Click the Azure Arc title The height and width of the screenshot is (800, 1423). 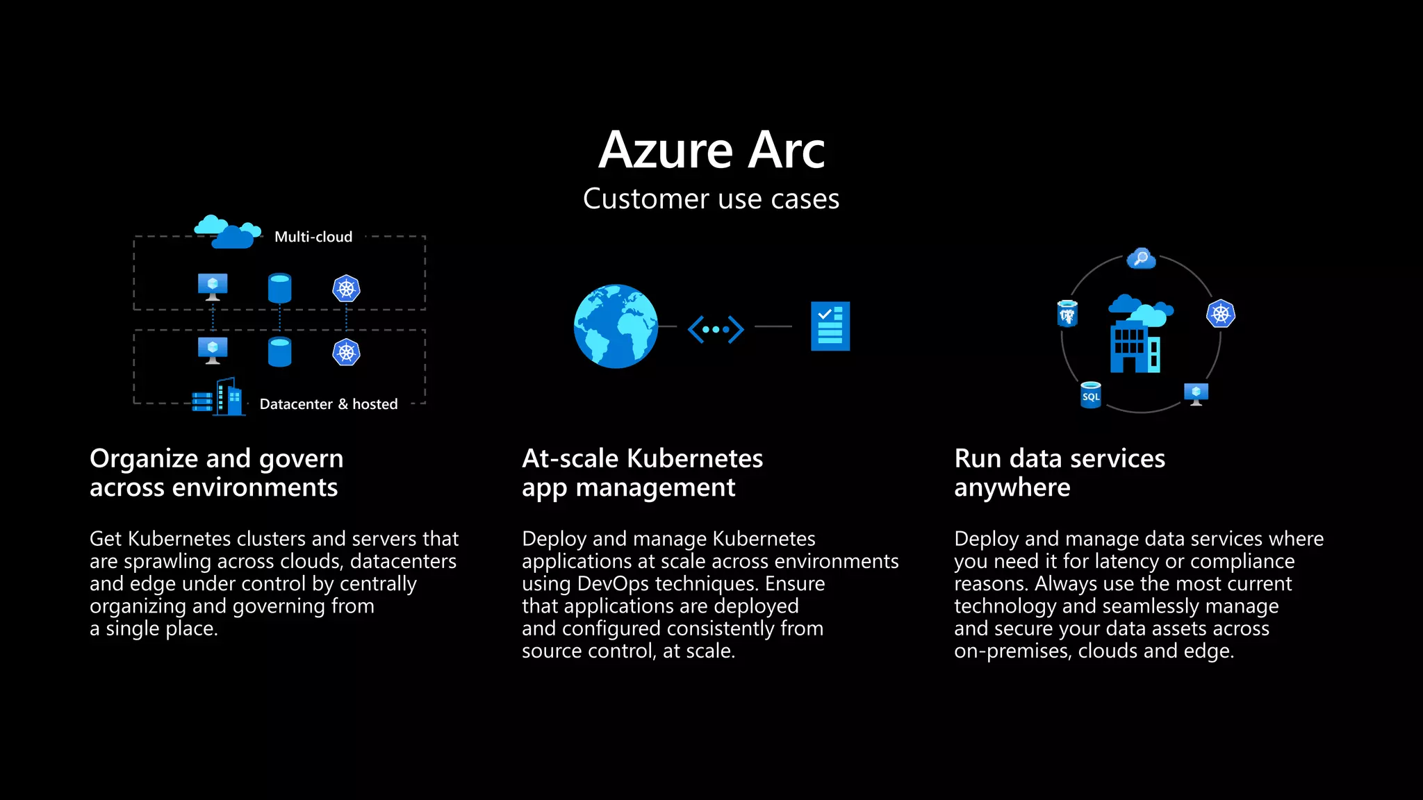711,150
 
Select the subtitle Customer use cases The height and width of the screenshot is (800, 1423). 711,199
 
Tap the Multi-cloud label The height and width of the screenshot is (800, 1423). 313,237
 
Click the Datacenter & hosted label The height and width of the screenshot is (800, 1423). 329,404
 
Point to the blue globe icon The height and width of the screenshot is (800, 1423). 616,326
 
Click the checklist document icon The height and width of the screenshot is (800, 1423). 830,326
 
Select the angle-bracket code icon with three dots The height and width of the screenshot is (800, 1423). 716,329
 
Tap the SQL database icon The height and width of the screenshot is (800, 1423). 1091,395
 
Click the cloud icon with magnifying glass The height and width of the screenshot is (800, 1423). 1141,259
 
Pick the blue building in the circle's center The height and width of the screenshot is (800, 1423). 1135,346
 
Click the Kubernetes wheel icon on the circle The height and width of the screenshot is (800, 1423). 1221,314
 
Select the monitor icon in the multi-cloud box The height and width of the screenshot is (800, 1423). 213,287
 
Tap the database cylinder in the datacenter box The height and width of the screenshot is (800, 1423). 280,352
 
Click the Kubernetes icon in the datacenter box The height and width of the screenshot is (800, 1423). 346,352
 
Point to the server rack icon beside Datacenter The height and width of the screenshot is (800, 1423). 202,401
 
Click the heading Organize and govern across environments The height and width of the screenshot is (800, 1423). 216,473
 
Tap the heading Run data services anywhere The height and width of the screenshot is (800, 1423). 1060,473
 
